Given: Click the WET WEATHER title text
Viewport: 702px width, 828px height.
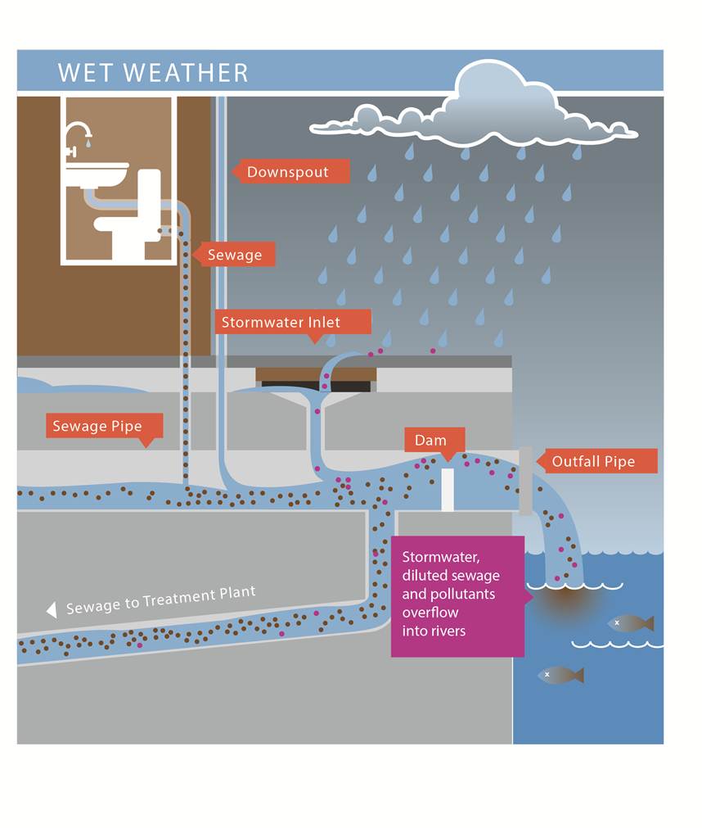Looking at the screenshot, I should [153, 72].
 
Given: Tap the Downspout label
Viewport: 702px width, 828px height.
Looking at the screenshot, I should [288, 172].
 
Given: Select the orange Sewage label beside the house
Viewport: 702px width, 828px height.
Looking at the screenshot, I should [235, 255].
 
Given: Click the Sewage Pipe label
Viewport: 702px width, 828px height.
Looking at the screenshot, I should [98, 426].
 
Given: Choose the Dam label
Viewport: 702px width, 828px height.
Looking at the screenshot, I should [431, 440].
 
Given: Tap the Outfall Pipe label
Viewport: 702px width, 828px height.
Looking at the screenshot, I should [593, 461].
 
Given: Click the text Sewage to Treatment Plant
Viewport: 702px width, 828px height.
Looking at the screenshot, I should [161, 600].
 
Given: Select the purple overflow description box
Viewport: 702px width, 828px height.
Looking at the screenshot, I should [457, 595].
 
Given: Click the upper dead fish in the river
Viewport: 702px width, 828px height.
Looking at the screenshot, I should [631, 623].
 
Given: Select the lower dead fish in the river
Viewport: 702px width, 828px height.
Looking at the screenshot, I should [561, 675].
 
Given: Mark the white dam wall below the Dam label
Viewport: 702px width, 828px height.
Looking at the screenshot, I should [447, 490].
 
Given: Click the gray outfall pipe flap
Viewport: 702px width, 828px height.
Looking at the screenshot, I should [525, 481].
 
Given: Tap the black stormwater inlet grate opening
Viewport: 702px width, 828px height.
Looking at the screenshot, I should [316, 386].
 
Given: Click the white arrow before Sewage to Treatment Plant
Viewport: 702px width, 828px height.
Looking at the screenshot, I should [52, 609].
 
